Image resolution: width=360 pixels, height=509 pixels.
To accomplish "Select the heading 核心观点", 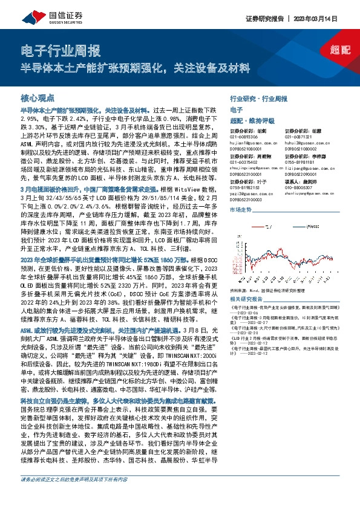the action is coord(38,97).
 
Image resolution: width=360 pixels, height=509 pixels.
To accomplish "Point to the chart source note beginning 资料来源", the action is coord(270,290).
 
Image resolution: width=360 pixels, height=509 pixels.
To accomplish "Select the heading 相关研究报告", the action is coord(249,299).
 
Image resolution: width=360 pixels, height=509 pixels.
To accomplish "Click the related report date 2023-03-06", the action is coord(252,313).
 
